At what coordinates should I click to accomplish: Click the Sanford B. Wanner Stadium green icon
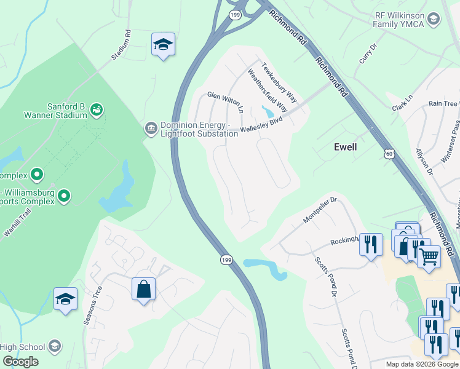pos(96,109)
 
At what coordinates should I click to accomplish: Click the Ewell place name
pos(345,147)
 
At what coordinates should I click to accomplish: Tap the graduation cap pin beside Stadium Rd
pos(163,45)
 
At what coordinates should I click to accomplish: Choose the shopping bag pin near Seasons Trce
pos(143,289)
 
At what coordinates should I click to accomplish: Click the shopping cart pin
pos(429,255)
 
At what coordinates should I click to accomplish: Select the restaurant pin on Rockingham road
pos(370,245)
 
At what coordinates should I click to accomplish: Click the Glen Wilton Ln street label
pos(225,101)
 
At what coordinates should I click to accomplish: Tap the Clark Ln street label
pos(403,103)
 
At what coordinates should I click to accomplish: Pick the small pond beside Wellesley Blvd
pos(268,111)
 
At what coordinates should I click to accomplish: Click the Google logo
pos(20,362)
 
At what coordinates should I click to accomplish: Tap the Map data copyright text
pos(422,364)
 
